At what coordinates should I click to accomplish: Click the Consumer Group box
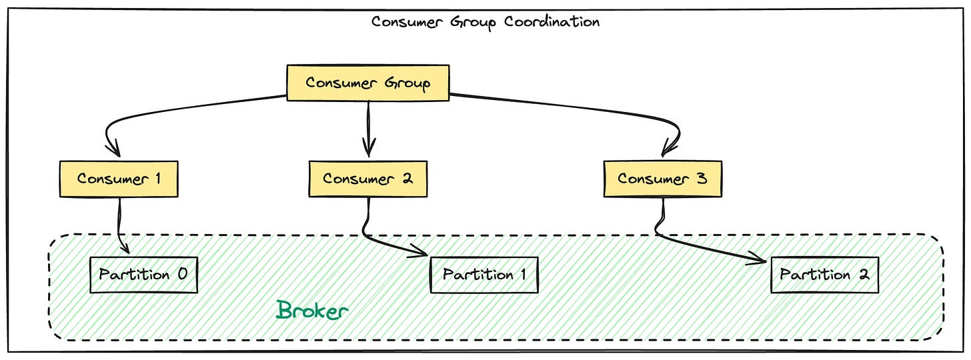(367, 83)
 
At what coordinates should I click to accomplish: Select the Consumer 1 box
(119, 179)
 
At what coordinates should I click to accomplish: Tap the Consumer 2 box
(367, 179)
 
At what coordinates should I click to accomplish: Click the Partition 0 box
(143, 275)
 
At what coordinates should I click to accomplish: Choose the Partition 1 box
(484, 275)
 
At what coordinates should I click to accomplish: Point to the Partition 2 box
(824, 275)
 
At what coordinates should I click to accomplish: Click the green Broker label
(313, 310)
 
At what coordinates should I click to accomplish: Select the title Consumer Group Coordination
(485, 21)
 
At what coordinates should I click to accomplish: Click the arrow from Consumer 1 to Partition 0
(120, 227)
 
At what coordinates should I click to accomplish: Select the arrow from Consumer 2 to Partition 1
(393, 244)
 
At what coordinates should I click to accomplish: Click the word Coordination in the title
(552, 21)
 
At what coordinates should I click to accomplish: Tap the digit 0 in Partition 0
(182, 275)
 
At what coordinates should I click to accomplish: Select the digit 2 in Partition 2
(864, 275)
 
